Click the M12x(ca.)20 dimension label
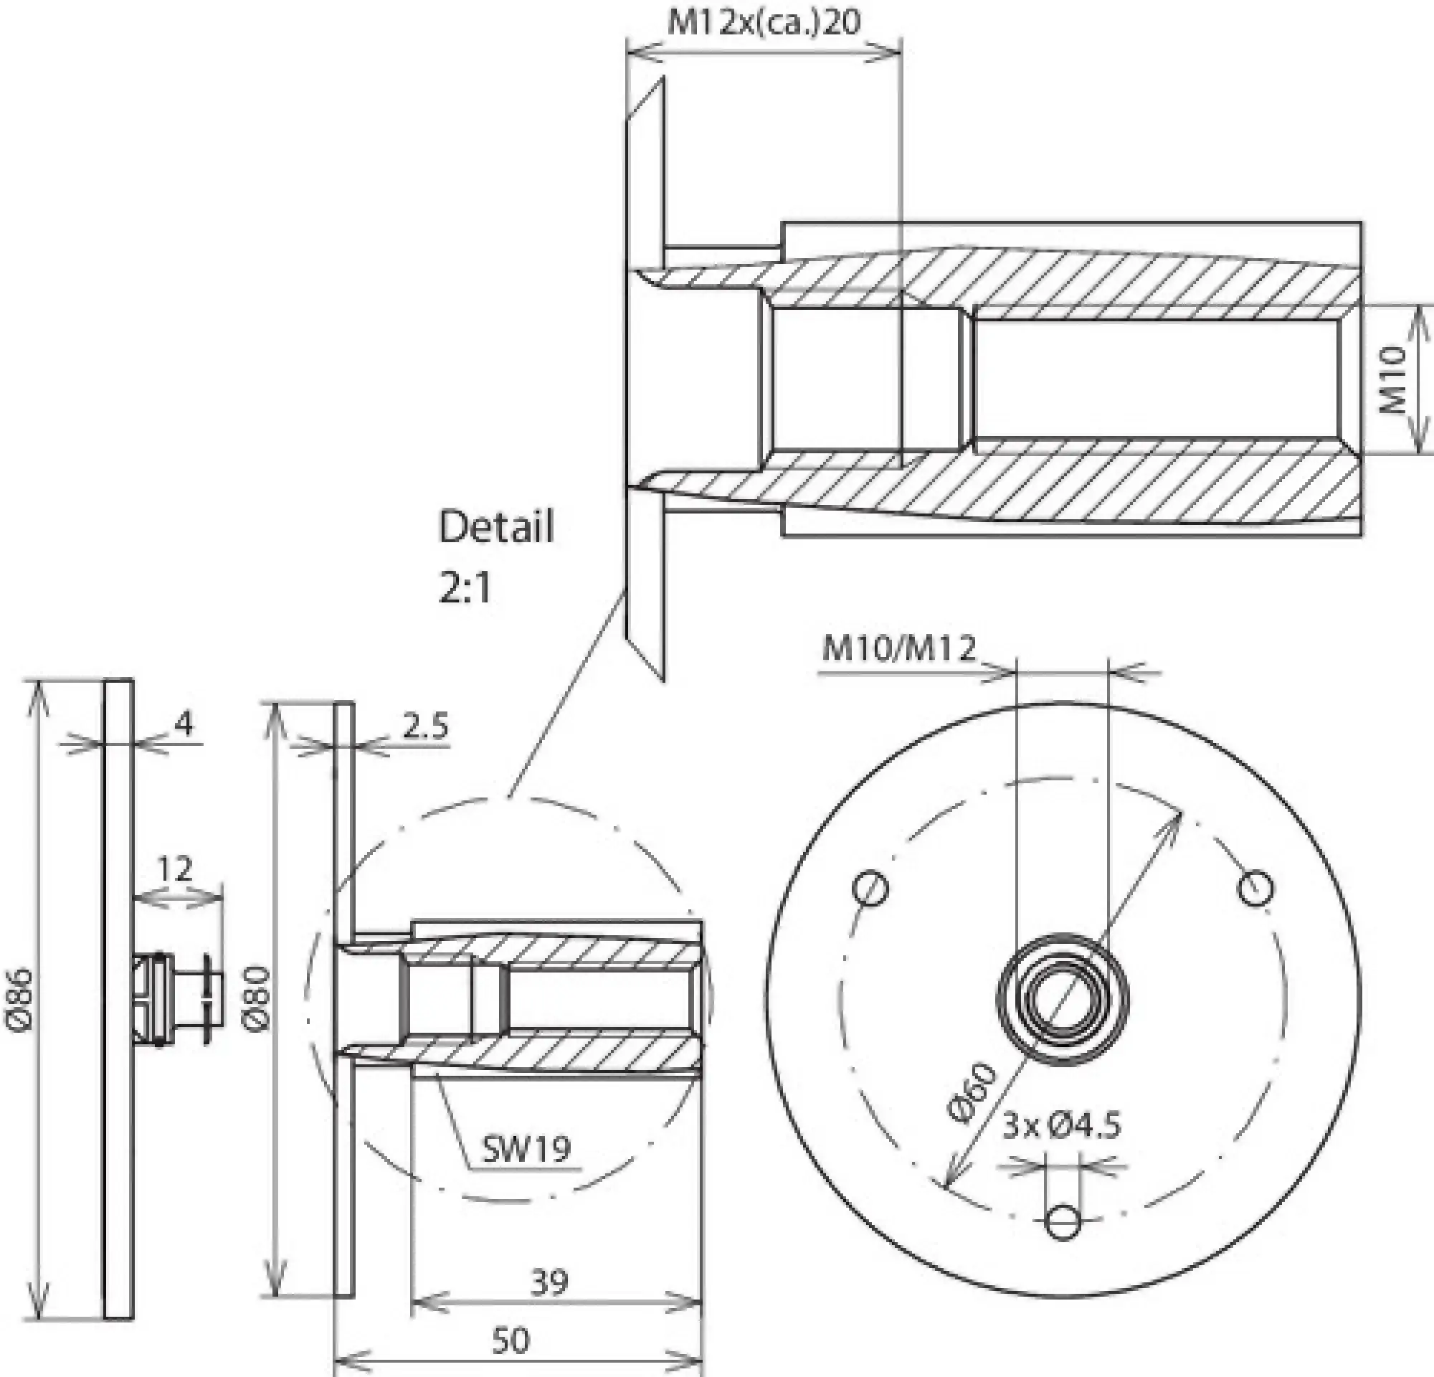point(764,23)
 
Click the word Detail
point(496,527)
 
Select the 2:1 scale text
point(465,587)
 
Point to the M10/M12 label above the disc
point(898,648)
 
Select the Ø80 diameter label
point(258,999)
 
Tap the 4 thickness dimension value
point(184,724)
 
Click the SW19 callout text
point(526,1150)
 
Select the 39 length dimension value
point(548,1282)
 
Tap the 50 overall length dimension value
point(510,1340)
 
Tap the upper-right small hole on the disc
point(1255,887)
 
